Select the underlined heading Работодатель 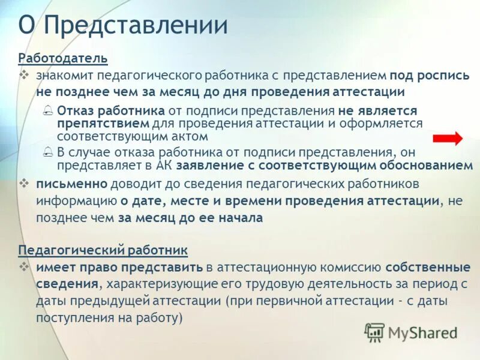tap(63, 58)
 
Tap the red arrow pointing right tap(448, 139)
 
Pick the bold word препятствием tap(103, 123)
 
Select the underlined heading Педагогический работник tap(103, 249)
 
